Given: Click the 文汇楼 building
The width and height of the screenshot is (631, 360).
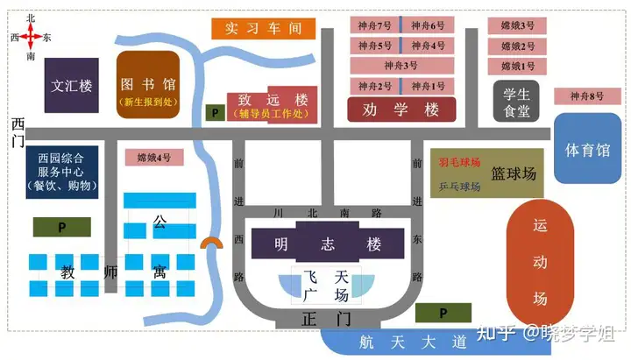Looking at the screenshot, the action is (72, 85).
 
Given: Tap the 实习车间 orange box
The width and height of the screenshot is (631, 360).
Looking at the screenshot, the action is (263, 28).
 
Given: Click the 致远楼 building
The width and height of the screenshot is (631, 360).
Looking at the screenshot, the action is (270, 105).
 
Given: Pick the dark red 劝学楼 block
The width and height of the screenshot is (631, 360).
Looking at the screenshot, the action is (401, 110).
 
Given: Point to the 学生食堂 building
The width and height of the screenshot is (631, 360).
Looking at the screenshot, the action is (515, 102).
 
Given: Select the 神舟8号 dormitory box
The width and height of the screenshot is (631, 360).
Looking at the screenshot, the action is (587, 96).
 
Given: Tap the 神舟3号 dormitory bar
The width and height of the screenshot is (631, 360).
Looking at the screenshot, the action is (401, 66).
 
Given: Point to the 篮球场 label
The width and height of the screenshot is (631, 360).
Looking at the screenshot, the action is (514, 173).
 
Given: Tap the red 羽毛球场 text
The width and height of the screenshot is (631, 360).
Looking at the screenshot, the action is (458, 162).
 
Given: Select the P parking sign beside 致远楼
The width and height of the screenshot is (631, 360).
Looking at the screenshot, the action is (215, 113).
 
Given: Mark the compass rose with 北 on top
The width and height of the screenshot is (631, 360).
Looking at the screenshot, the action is (31, 37).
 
